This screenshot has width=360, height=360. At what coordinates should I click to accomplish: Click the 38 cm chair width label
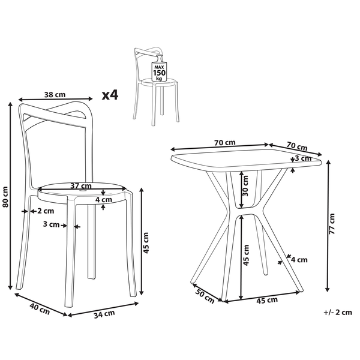(x=55, y=94)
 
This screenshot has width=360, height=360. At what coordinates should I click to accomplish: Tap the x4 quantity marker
(x=110, y=95)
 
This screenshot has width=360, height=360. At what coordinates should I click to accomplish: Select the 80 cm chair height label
(x=5, y=197)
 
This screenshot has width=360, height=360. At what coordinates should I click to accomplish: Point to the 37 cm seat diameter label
(x=81, y=185)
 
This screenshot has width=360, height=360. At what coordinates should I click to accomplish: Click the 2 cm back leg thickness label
(x=46, y=211)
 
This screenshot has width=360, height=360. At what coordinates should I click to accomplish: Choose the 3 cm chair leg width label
(x=51, y=224)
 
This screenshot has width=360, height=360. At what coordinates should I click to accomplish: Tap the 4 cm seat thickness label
(x=104, y=200)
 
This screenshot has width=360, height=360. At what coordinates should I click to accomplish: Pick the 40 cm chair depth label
(x=40, y=308)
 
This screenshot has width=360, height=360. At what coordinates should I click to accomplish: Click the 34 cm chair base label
(x=104, y=314)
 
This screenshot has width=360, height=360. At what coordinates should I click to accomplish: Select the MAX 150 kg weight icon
(x=160, y=68)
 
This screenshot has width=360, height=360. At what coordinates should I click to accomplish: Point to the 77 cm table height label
(x=332, y=224)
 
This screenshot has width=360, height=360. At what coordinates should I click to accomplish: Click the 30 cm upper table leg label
(x=245, y=186)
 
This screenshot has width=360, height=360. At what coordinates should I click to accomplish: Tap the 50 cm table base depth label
(x=205, y=296)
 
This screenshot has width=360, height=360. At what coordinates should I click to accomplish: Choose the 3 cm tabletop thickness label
(x=303, y=158)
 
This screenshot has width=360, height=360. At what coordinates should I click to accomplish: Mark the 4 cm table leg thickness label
(x=299, y=260)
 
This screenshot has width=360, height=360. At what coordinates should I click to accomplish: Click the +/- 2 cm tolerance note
(x=338, y=312)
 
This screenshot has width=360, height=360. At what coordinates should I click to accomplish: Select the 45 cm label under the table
(x=267, y=301)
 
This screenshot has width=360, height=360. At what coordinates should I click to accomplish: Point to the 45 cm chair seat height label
(x=146, y=243)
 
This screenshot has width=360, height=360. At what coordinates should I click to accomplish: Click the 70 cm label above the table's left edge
(x=225, y=143)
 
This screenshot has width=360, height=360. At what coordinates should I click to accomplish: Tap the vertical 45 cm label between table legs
(x=246, y=255)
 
